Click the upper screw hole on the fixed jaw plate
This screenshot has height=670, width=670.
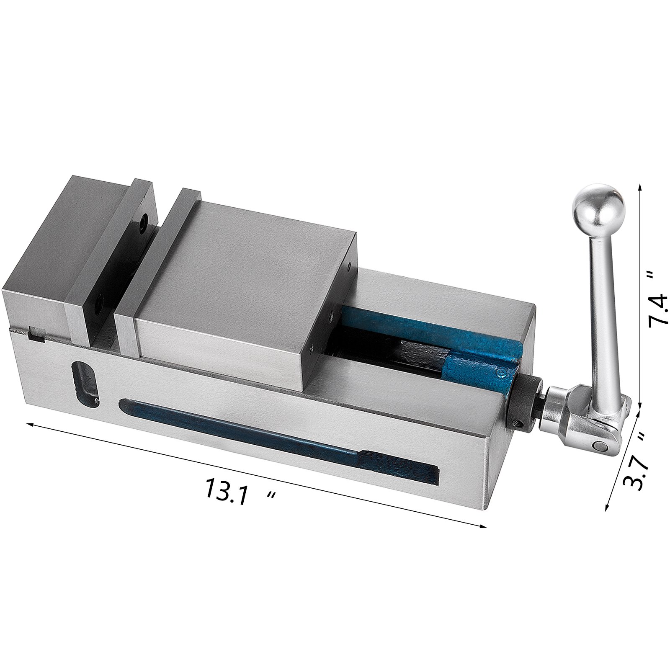[x=144, y=221]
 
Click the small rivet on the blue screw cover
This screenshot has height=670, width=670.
[x=500, y=371]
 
